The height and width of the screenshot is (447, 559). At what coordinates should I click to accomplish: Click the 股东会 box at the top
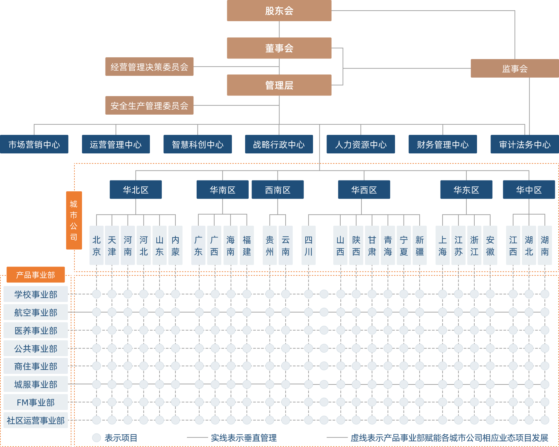[x=279, y=11]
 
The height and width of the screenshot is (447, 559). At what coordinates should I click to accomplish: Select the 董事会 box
[x=279, y=48]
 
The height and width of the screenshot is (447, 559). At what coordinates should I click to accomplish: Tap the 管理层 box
[x=279, y=85]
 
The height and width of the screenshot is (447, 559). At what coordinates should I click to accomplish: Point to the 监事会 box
[x=515, y=68]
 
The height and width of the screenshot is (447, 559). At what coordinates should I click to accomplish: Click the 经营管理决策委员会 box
[x=149, y=67]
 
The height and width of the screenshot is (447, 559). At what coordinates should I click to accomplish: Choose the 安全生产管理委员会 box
[x=149, y=106]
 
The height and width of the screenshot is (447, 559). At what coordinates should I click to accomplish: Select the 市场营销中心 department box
[x=34, y=144]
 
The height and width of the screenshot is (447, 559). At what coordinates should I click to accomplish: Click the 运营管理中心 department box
[x=116, y=144]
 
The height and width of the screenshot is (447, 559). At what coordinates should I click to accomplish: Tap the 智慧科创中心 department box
[x=198, y=144]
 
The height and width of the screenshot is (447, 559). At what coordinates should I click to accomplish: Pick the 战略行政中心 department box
[x=279, y=144]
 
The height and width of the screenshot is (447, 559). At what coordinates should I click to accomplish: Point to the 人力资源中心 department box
[x=361, y=144]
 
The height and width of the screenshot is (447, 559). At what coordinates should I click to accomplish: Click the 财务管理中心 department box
[x=443, y=144]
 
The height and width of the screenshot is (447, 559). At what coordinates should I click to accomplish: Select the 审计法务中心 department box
[x=525, y=144]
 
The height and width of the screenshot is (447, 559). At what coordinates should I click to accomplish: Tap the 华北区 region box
[x=135, y=190]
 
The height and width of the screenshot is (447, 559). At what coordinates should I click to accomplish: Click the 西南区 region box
[x=277, y=190]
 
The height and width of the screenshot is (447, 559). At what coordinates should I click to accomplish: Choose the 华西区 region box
[x=364, y=190]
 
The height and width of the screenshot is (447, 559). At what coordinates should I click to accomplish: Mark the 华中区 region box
[x=529, y=190]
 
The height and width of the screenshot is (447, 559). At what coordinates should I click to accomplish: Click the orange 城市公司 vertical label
[x=74, y=220]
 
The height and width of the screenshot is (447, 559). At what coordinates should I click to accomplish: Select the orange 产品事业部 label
[x=36, y=275]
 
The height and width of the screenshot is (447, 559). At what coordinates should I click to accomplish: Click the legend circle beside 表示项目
[x=96, y=438]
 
